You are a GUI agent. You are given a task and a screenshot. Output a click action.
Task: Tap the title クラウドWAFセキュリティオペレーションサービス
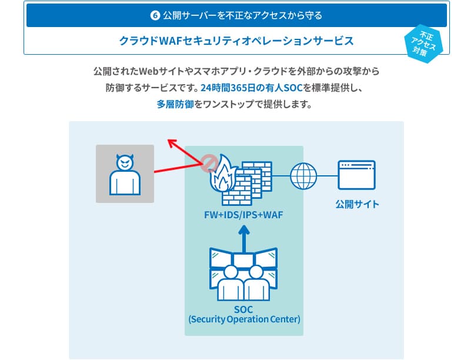(x=236, y=41)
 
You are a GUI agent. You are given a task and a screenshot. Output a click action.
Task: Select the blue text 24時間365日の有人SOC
(x=251, y=88)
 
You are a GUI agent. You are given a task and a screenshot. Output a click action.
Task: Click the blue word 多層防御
(x=175, y=105)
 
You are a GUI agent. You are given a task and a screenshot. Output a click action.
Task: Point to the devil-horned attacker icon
(x=125, y=174)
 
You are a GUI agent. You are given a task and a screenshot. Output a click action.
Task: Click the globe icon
(x=303, y=175)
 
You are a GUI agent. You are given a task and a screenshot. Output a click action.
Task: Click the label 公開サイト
(x=357, y=205)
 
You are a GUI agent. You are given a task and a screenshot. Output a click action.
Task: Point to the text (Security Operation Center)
(x=244, y=319)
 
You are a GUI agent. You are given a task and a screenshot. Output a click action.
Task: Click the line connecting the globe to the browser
(x=328, y=175)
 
